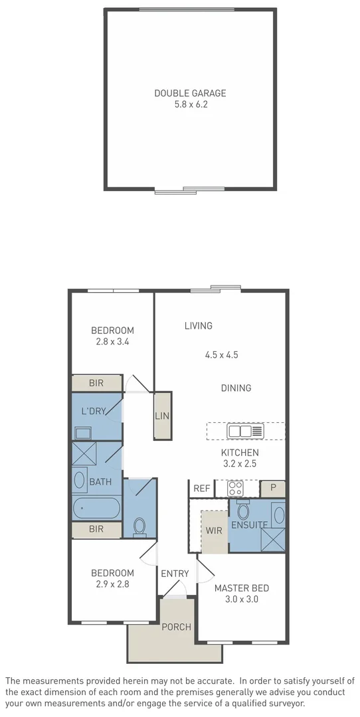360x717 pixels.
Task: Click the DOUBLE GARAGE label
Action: click(x=190, y=94)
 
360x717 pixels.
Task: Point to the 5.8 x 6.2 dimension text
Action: click(x=190, y=104)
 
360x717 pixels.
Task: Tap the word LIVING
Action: click(x=199, y=325)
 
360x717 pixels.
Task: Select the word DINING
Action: click(x=236, y=388)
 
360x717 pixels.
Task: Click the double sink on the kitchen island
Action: click(x=240, y=432)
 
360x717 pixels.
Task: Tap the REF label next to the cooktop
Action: click(x=202, y=489)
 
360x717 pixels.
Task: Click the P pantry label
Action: click(x=273, y=489)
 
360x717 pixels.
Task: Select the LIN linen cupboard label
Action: click(x=162, y=416)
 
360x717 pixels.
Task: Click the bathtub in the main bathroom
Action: click(x=96, y=509)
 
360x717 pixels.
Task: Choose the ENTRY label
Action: click(x=175, y=574)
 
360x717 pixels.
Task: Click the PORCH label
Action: click(x=177, y=627)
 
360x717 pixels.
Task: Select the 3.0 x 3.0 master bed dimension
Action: click(x=241, y=599)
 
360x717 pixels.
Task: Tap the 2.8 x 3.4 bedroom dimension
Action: click(x=112, y=342)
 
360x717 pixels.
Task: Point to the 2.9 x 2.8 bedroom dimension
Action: click(x=112, y=584)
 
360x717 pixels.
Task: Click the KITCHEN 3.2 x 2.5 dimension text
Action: click(x=240, y=463)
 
